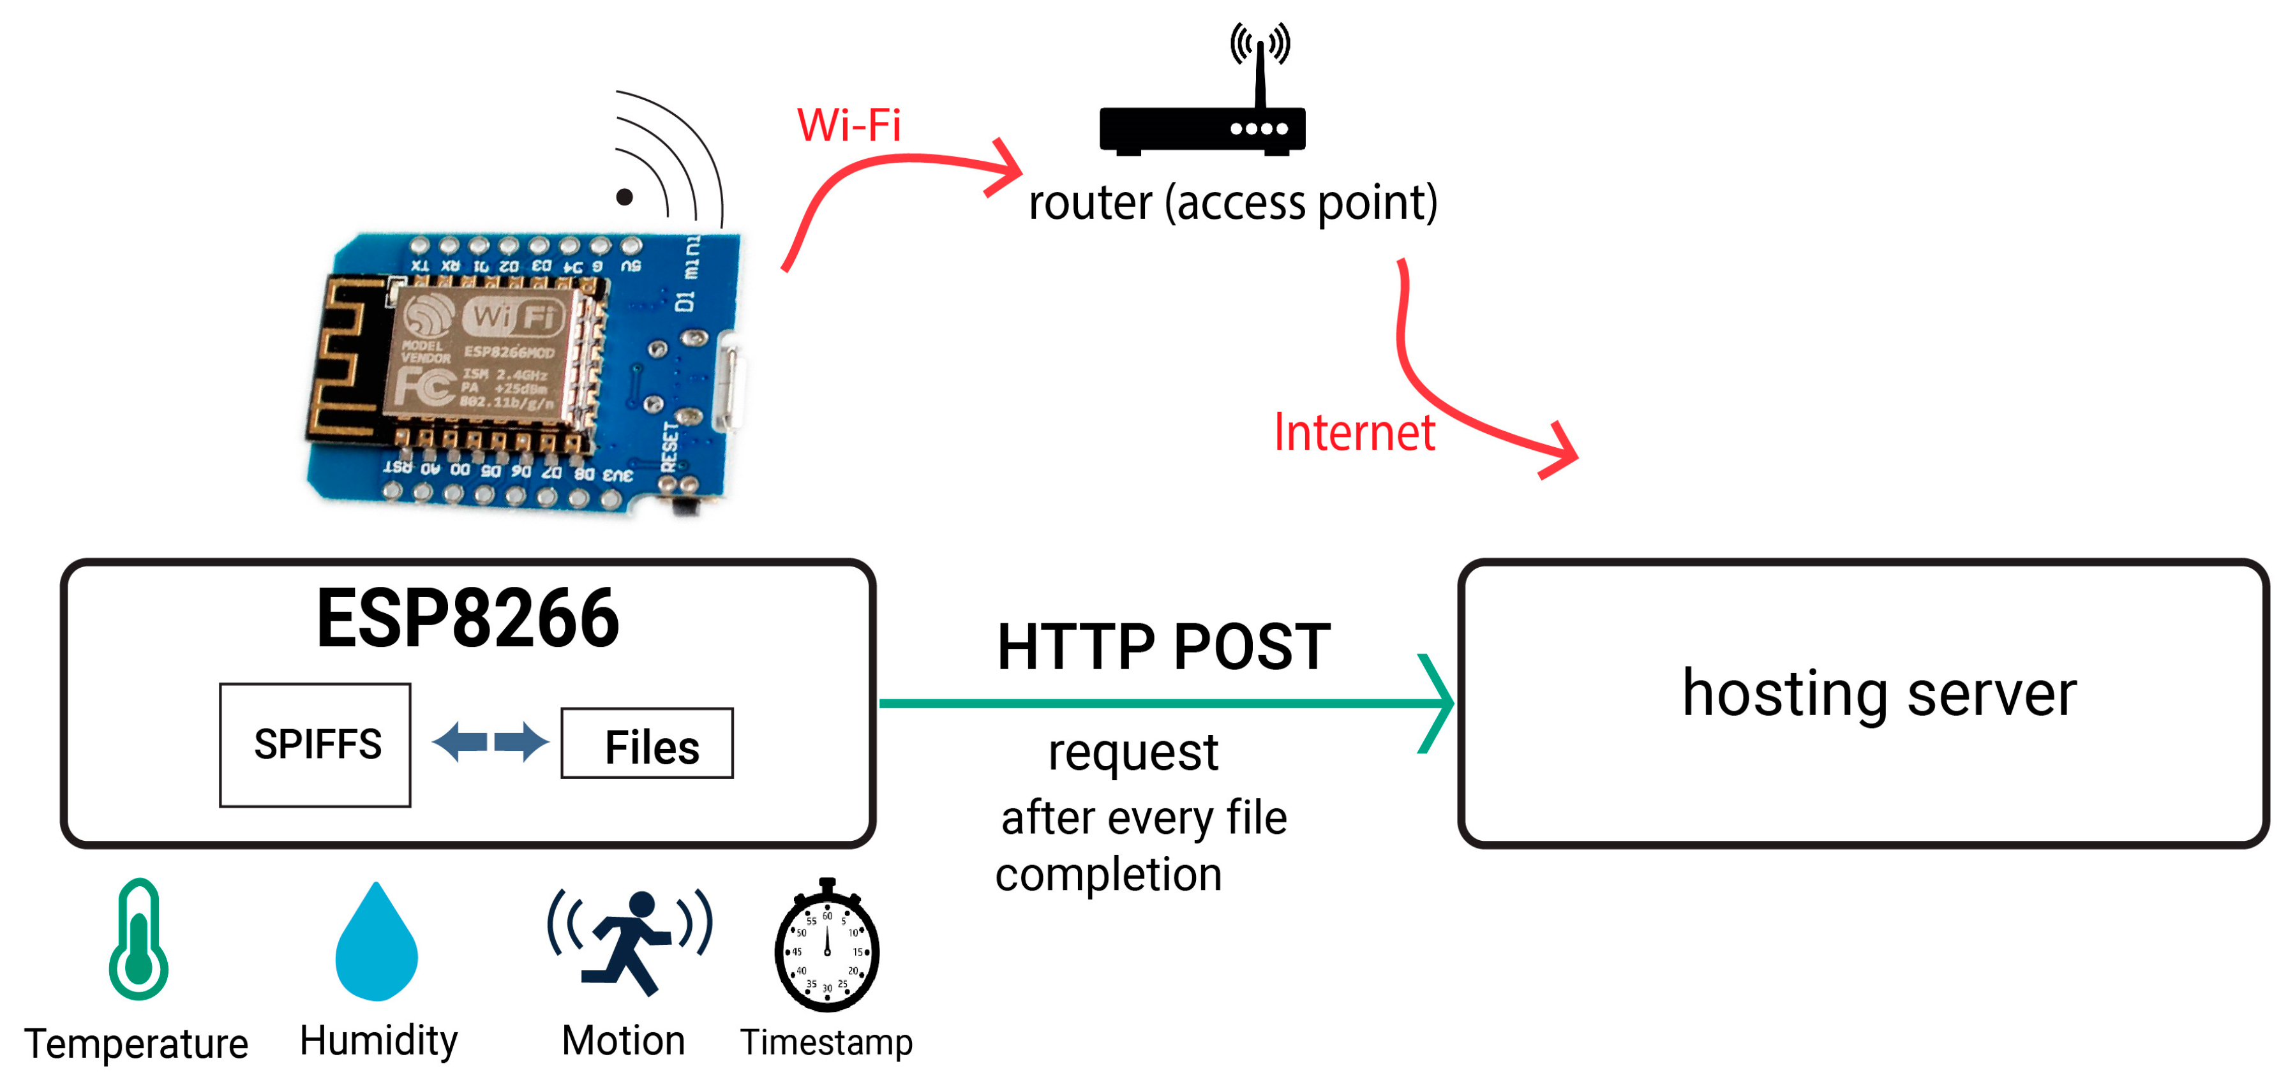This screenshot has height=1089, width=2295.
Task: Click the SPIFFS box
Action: (315, 745)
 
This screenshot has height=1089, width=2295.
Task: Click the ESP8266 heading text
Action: (468, 619)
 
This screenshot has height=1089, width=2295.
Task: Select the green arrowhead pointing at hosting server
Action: (1436, 704)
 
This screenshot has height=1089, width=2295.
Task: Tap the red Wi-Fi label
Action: (848, 124)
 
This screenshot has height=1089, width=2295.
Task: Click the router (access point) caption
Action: (1233, 203)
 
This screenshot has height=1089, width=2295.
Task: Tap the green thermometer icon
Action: (138, 940)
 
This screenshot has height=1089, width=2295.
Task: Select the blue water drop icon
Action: (377, 944)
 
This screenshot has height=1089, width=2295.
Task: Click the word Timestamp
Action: (826, 1042)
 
